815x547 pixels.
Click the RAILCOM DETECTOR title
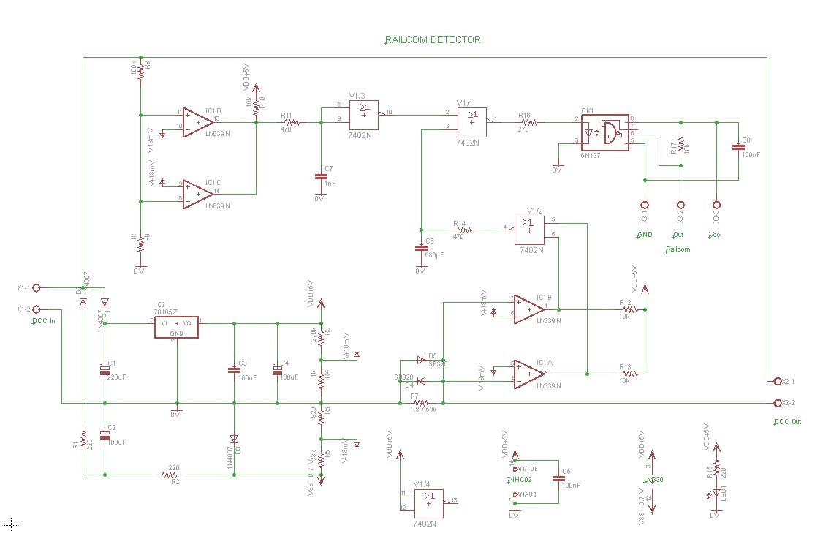[433, 40]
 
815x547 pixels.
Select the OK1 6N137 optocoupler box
[604, 132]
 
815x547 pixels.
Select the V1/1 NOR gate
[472, 121]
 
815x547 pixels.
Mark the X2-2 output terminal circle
[776, 403]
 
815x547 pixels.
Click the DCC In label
[43, 321]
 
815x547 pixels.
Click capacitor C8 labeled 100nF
[738, 148]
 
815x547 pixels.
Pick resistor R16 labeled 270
[528, 124]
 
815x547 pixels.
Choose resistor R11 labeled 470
[287, 123]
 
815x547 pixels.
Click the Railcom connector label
[677, 249]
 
